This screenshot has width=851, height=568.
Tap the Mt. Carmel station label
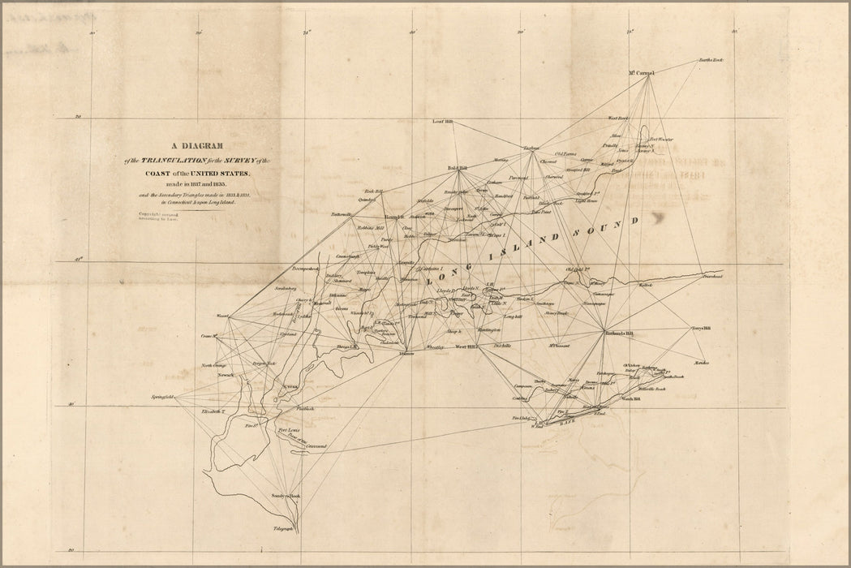(641, 73)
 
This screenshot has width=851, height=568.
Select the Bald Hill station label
(459, 169)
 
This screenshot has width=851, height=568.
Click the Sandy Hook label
(286, 495)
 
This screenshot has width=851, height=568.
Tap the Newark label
(226, 375)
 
